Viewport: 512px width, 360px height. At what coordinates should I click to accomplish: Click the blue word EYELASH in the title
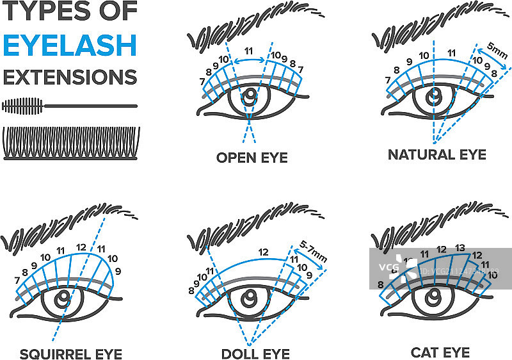pos(70,45)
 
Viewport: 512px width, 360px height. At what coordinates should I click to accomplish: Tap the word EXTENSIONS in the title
pos(70,77)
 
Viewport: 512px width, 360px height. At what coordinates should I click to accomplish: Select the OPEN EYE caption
pos(252,158)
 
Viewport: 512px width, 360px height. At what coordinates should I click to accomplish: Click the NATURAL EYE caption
pos(437,154)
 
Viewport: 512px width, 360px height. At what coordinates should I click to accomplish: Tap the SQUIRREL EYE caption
pos(70,354)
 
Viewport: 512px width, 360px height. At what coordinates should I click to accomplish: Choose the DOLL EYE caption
pos(255,354)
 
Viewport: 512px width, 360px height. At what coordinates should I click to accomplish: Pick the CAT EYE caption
pos(440,352)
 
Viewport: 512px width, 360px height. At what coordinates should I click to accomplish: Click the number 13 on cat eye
pos(460,249)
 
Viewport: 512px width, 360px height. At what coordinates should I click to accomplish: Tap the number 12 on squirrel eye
pos(81,246)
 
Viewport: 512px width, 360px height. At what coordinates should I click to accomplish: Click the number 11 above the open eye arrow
pos(249,49)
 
